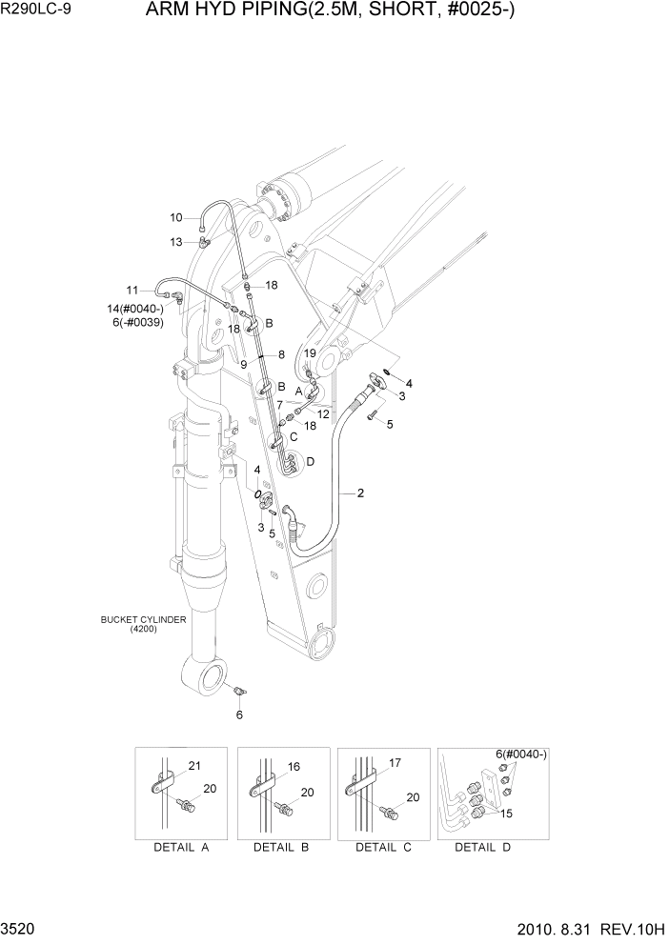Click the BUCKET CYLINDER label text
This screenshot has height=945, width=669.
[143, 620]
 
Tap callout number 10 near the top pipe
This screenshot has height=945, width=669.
[176, 217]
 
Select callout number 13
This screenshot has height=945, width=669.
[176, 242]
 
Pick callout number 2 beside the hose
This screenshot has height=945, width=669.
[360, 493]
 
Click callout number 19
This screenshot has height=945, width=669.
[310, 353]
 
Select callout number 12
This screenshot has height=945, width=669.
[323, 413]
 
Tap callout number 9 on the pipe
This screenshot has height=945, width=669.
[244, 364]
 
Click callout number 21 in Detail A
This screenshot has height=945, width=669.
[194, 767]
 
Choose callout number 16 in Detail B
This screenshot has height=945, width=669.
[294, 766]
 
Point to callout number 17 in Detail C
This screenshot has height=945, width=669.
[395, 762]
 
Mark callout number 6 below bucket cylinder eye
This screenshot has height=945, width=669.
[239, 714]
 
